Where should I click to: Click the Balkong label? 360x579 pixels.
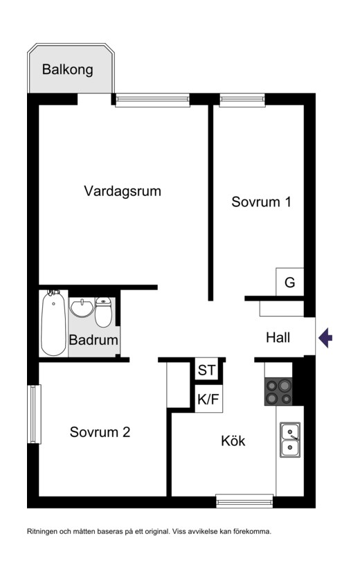67,69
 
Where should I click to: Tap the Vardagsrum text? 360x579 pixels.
123,191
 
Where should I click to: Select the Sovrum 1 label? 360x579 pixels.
261,202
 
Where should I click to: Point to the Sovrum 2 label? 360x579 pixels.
100,432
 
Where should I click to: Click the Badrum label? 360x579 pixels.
93,340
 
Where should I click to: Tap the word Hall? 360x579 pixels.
278,337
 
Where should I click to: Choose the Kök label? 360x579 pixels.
233,440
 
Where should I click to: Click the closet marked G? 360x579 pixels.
290,282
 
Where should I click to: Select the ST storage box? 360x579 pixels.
207,370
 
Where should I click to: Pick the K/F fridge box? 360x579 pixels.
208,399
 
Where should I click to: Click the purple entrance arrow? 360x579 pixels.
325,337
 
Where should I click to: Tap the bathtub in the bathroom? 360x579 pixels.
53,323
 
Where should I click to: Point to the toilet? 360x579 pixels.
103,312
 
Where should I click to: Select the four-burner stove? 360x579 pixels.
279,392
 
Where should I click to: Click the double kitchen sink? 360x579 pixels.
290,440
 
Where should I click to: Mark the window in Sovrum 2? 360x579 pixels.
35,414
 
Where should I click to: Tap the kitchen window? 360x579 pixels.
244,501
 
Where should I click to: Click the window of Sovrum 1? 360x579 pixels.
242,100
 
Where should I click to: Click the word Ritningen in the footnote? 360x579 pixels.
42,532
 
